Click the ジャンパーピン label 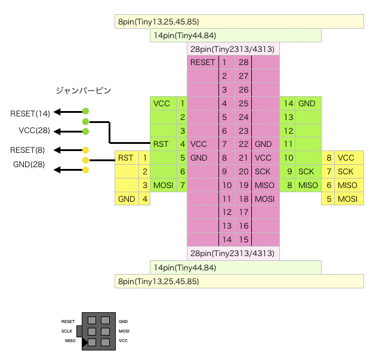click(x=83, y=91)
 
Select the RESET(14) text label click(x=30, y=112)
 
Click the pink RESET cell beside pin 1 click(x=202, y=62)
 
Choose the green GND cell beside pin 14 click(x=307, y=103)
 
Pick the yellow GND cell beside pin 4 click(x=127, y=199)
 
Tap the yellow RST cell click(x=126, y=158)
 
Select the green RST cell click(x=161, y=144)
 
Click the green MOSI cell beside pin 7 click(x=162, y=185)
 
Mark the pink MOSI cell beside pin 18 click(x=264, y=199)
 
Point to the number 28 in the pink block click(x=244, y=62)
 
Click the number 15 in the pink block click(x=244, y=239)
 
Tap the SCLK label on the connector click(x=67, y=331)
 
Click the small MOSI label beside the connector click(x=124, y=331)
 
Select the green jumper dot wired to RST click(x=86, y=122)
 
